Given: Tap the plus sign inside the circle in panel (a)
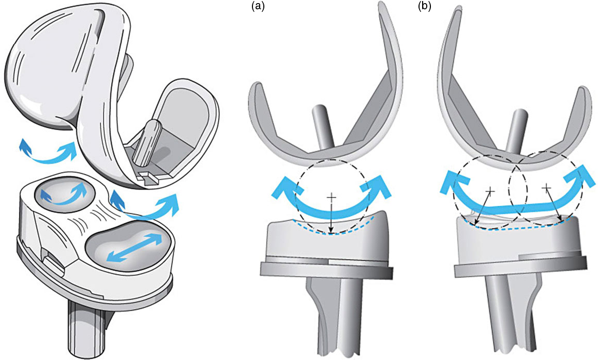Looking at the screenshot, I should [332, 197].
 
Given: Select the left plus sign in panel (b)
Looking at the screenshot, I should [490, 191].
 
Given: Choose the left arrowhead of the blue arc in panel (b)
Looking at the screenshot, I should [452, 181].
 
